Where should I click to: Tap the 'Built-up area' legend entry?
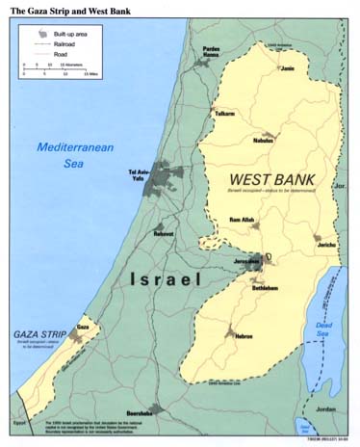pyautogui.click(x=71, y=32)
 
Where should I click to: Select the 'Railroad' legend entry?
pyautogui.click(x=65, y=43)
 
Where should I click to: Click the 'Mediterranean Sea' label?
pyautogui.click(x=68, y=154)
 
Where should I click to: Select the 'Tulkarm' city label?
pyautogui.click(x=223, y=112)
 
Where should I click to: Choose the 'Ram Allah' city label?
pyautogui.click(x=240, y=221)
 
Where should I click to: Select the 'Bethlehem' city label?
pyautogui.click(x=266, y=286)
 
